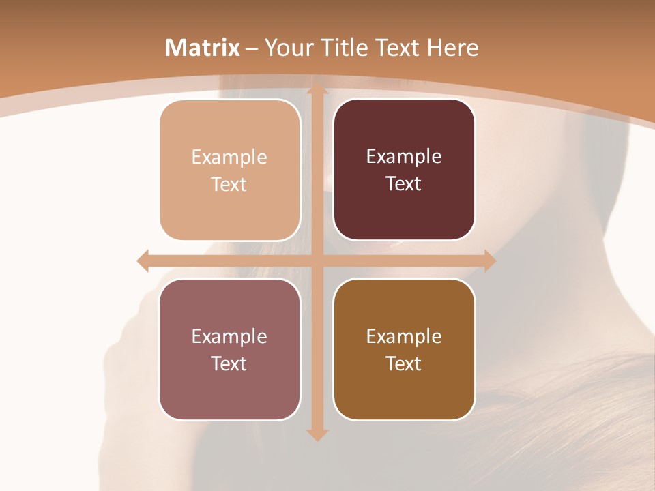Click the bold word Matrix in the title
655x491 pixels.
(x=203, y=48)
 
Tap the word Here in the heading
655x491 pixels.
(x=452, y=48)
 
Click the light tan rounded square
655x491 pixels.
(x=230, y=170)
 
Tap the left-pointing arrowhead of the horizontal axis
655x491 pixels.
(x=143, y=261)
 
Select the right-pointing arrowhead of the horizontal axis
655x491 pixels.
(x=489, y=261)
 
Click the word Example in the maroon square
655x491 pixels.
(x=404, y=157)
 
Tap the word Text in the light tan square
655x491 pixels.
(x=229, y=185)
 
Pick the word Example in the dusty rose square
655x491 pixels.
(x=229, y=336)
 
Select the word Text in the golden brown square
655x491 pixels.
(x=404, y=363)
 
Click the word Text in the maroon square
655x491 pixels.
(x=404, y=184)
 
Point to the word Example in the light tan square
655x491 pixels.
(x=229, y=158)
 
